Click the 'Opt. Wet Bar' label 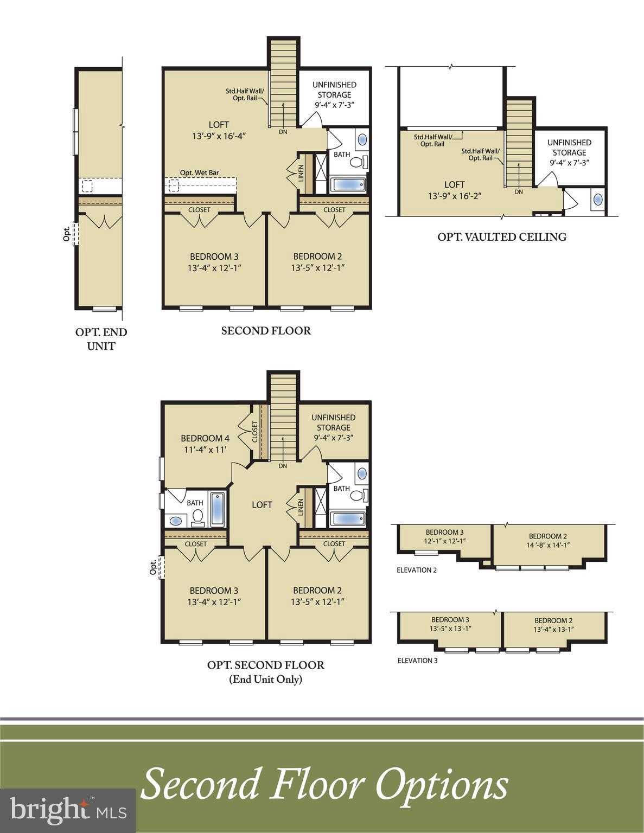tap(200, 173)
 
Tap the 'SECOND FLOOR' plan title tap(266, 331)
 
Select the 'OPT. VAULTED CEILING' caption tap(502, 237)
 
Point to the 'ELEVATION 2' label tap(417, 570)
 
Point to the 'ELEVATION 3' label tap(417, 661)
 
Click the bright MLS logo tap(68, 811)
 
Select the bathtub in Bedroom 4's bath tap(217, 509)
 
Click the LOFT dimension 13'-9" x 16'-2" tap(454, 196)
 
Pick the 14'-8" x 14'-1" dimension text tap(548, 546)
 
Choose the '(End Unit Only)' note tap(266, 679)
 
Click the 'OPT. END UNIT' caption tap(101, 339)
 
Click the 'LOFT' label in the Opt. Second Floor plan tap(262, 505)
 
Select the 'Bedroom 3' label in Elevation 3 tap(450, 620)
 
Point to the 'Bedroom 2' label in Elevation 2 tap(548, 536)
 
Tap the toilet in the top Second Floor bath tap(357, 162)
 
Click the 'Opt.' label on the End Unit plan tap(67, 234)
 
